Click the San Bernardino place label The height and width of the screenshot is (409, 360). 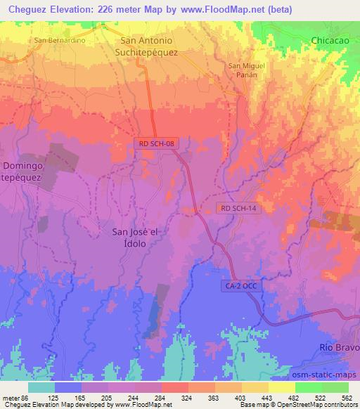60,40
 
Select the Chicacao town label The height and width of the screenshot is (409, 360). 330,41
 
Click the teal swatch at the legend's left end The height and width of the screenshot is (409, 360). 41,387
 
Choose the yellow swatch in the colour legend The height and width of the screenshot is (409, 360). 281,387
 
